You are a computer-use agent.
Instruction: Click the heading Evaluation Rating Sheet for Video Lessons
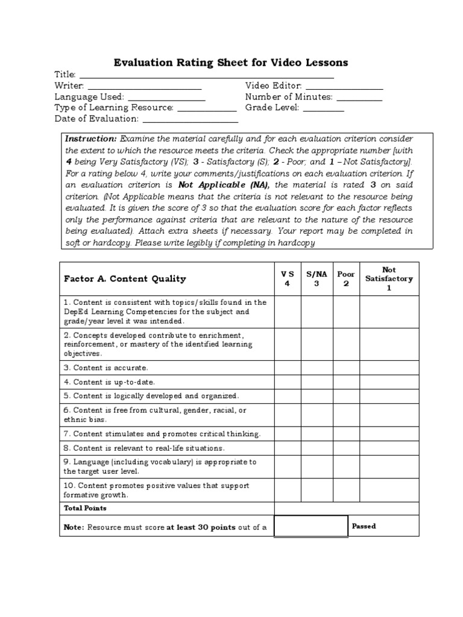(231, 63)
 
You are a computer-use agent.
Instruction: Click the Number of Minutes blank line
(359, 99)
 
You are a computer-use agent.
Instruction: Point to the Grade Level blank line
(323, 111)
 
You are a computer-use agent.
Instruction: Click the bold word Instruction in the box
(90, 138)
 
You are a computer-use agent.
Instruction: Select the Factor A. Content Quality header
(125, 279)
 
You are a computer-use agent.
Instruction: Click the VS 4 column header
(287, 279)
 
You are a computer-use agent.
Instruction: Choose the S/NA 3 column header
(316, 279)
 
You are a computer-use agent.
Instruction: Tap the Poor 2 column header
(346, 279)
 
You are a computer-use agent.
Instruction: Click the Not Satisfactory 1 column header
(389, 279)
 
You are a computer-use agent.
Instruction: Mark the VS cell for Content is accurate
(287, 367)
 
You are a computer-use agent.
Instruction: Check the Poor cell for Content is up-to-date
(346, 381)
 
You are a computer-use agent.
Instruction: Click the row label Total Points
(85, 508)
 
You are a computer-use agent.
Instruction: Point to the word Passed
(364, 526)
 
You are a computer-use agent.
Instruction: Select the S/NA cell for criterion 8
(316, 448)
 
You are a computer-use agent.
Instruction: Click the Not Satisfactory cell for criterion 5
(389, 396)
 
